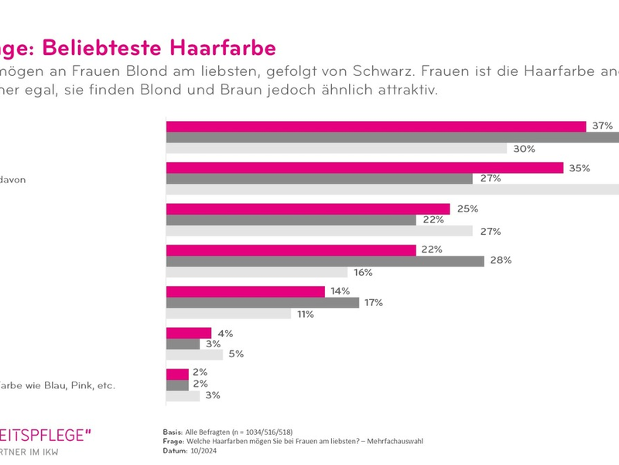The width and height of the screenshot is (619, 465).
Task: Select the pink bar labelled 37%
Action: point(376,126)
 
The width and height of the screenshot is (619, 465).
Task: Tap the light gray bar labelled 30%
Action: point(337,149)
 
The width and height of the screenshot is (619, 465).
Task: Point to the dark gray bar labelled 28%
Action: point(326,261)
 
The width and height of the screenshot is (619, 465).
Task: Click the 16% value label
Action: point(364,273)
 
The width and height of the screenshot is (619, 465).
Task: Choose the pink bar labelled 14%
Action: point(246,291)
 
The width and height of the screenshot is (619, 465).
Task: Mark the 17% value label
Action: point(375,302)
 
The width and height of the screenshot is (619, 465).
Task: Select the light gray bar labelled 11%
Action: point(229,314)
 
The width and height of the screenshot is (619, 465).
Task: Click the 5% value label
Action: point(236,355)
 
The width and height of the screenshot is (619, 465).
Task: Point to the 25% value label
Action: point(467,209)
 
